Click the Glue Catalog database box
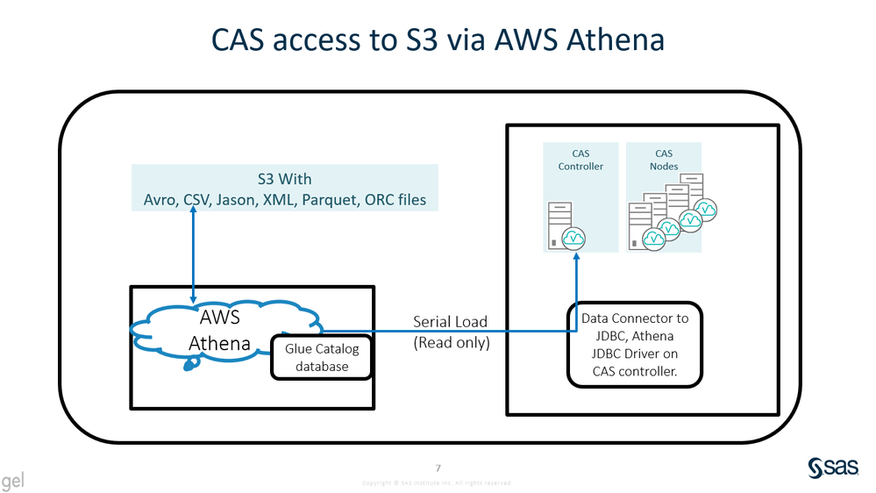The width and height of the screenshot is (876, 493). click(x=322, y=358)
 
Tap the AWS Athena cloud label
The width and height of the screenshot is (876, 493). click(x=218, y=330)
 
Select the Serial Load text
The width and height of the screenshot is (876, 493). click(x=450, y=322)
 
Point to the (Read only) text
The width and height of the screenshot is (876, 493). click(x=451, y=343)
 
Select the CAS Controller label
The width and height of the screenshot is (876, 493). click(x=580, y=160)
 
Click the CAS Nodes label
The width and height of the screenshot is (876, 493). click(x=664, y=160)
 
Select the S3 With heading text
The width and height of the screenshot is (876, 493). click(x=284, y=180)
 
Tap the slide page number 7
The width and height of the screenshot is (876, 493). click(x=438, y=468)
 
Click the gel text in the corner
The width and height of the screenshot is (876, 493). click(x=13, y=481)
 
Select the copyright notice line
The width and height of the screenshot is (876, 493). click(x=437, y=483)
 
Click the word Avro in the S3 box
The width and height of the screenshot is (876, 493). click(x=161, y=200)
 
